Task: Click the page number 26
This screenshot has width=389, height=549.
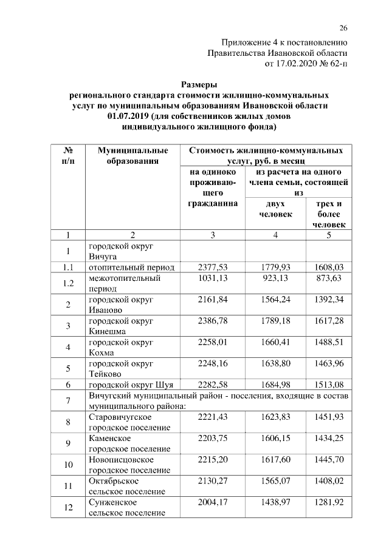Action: click(343, 29)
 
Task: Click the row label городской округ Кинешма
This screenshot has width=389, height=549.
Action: click(121, 326)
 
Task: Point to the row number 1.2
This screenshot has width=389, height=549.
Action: click(68, 283)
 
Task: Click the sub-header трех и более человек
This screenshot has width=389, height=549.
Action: click(329, 214)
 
